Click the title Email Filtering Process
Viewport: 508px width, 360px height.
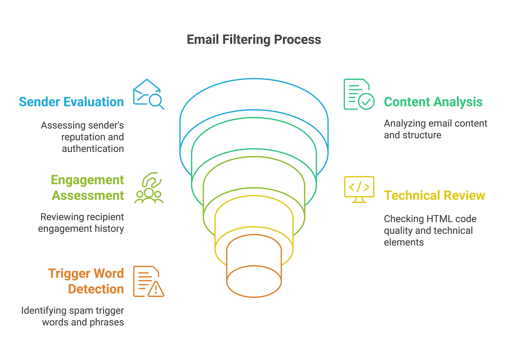point(254,40)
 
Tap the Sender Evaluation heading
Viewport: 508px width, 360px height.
point(71,102)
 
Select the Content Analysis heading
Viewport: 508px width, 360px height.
point(433,102)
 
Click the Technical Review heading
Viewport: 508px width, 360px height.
point(434,196)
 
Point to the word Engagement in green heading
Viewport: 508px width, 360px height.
point(87,180)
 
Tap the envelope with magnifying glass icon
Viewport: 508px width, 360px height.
point(148,94)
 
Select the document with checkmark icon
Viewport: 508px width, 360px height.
point(359,94)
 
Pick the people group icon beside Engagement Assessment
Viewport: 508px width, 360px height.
point(149,188)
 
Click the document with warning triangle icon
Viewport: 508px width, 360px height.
point(148,282)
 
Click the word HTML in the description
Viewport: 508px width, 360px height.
point(439,219)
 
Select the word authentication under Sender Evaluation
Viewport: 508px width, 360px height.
point(93,149)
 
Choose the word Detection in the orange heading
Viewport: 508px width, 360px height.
point(96,289)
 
